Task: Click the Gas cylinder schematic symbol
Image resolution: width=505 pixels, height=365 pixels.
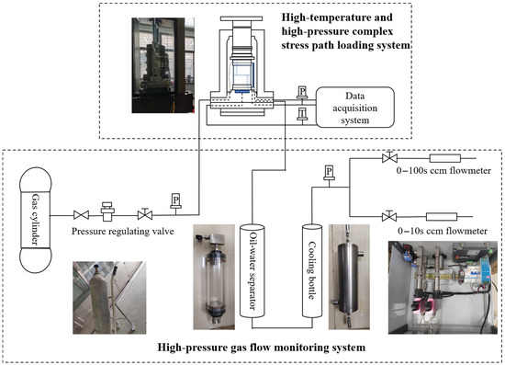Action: (36, 220)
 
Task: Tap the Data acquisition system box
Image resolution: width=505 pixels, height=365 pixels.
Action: (355, 108)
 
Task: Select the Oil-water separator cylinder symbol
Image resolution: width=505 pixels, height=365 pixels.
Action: (252, 271)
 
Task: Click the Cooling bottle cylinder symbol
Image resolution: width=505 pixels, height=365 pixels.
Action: (312, 271)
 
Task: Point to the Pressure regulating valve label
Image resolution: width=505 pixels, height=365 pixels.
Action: (123, 231)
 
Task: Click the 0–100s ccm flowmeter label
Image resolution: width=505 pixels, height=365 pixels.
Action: (443, 170)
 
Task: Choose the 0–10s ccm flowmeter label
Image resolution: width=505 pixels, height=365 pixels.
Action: (443, 231)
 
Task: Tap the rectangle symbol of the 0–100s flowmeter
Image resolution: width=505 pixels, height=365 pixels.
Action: (445, 158)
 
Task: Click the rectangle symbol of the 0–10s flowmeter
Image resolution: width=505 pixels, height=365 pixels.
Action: (442, 217)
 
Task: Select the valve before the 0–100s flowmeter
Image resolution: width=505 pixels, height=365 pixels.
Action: (389, 157)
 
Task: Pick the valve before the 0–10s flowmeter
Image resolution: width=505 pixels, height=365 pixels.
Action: (389, 216)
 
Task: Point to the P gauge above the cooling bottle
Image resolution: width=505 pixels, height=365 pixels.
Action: (329, 173)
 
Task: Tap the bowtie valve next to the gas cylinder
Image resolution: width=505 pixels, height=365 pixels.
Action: (81, 215)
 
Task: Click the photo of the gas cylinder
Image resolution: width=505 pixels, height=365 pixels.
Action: (109, 297)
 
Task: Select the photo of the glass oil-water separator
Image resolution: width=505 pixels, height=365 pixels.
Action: (214, 277)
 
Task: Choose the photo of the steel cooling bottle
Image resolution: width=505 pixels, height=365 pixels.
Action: (349, 277)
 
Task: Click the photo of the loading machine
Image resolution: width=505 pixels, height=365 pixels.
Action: (163, 65)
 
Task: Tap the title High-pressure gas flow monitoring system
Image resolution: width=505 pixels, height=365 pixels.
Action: (261, 348)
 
